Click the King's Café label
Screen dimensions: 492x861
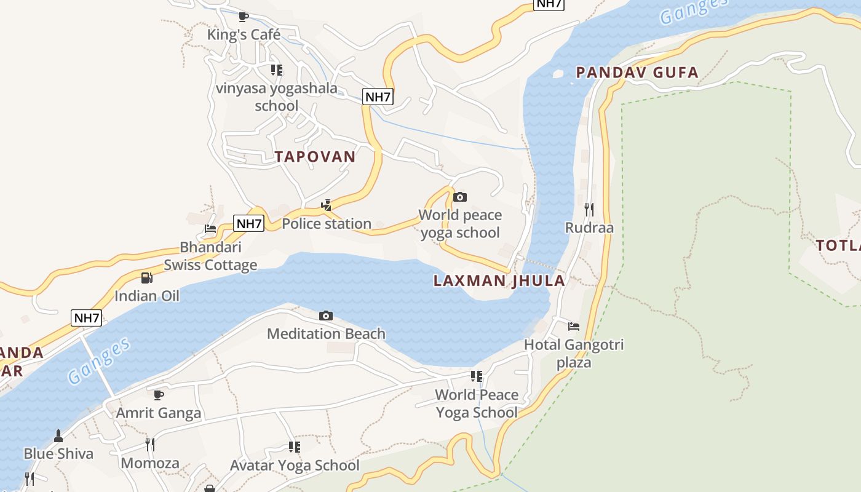244,34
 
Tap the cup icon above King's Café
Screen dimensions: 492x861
244,17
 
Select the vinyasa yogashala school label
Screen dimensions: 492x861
276,97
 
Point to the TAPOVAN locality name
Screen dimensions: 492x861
315,157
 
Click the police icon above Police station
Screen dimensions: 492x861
327,205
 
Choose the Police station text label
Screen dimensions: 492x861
327,224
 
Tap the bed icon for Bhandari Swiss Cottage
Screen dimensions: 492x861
210,229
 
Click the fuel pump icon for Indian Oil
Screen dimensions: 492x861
146,278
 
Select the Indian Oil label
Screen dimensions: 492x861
147,296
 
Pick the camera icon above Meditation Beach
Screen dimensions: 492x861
326,316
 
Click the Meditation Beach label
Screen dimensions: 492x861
326,334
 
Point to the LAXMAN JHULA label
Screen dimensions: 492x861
499,281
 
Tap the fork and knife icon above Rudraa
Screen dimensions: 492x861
589,210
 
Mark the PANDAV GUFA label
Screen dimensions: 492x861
637,73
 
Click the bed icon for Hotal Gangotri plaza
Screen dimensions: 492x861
574,327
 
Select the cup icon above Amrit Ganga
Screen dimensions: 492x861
159,395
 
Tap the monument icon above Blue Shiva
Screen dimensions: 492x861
58,436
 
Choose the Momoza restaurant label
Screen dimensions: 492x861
150,463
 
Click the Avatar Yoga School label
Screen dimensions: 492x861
295,466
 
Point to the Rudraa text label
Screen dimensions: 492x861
589,228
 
